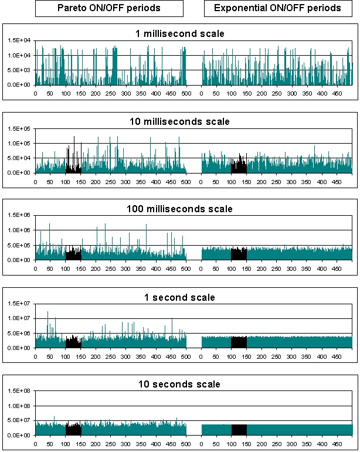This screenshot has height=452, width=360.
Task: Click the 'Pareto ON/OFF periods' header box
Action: point(109,8)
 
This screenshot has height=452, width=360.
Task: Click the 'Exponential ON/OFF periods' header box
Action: point(277,8)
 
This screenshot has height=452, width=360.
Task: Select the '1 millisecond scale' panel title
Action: point(180,33)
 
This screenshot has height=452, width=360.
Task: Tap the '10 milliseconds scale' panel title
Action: point(180,121)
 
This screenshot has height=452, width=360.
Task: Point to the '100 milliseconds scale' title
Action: point(180,209)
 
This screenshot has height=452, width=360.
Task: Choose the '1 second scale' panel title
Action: point(180,297)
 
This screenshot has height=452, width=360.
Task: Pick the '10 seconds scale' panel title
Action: point(180,384)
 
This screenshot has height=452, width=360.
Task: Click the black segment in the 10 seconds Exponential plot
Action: point(239,429)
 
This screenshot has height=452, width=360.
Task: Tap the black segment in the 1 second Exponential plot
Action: point(239,342)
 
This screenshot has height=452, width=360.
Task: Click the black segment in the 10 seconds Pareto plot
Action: point(73,429)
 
